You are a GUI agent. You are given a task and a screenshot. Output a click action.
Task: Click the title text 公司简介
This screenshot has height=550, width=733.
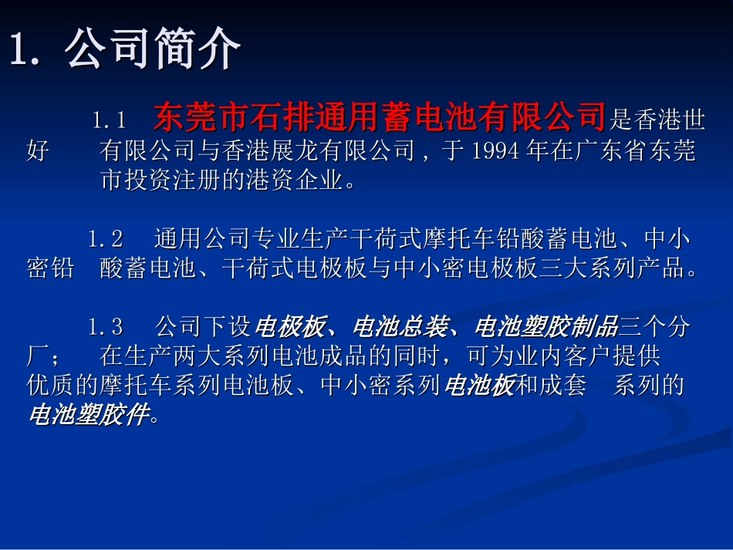tap(153, 50)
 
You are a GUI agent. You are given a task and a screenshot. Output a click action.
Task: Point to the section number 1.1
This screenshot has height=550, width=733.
tap(110, 120)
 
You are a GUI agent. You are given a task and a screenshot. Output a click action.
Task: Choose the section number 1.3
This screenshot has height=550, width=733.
tap(106, 327)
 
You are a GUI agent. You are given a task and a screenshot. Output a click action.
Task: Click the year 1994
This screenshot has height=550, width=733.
tap(494, 150)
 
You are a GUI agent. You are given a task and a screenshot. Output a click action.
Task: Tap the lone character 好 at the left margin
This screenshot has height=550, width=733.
tap(38, 150)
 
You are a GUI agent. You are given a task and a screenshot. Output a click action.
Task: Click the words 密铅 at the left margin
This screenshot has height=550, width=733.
tap(50, 268)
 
